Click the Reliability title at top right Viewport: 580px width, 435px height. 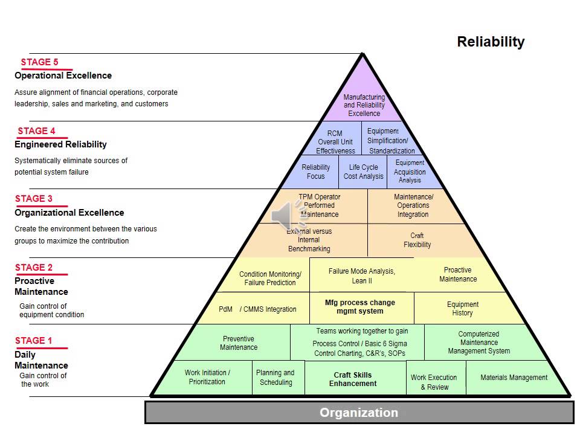pos(491,42)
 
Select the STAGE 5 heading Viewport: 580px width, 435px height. pos(40,62)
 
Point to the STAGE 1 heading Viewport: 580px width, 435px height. pos(34,341)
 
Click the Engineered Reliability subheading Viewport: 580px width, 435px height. pos(60,144)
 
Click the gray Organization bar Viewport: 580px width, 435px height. pos(359,413)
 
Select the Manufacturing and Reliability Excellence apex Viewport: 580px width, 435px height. pos(364,105)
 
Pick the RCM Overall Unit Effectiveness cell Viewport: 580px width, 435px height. pos(335,142)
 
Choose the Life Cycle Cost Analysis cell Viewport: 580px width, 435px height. pos(364,172)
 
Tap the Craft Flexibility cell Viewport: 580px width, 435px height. pos(417,240)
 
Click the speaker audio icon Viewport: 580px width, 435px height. pos(283,215)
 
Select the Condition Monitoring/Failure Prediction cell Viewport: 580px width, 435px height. pos(270,279)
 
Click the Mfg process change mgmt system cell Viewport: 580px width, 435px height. pos(360,307)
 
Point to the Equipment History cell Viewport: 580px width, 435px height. pos(463,309)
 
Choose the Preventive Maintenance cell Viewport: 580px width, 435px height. pos(239,343)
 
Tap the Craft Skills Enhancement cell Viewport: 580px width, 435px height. pos(353,379)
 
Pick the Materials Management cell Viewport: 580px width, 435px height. pos(514,378)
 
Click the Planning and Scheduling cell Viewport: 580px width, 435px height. pos(275,378)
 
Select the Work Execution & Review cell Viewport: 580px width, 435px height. pos(434,382)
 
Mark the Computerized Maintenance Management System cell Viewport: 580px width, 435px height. pos(479,343)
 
